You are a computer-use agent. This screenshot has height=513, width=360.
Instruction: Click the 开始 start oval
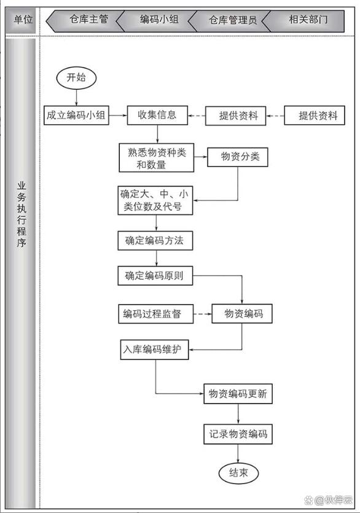coord(76,78)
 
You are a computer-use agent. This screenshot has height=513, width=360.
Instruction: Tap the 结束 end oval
coord(238,472)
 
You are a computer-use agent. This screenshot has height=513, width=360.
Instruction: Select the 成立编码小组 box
coord(76,115)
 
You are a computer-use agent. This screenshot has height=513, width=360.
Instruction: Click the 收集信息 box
coord(157,115)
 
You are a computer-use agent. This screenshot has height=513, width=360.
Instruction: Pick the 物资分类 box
coord(238,157)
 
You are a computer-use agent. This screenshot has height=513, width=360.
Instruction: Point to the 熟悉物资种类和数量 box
coord(157,158)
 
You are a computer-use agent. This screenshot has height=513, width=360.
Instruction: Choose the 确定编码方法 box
coord(155,241)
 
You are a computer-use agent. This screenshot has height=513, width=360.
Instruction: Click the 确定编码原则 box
coord(155,275)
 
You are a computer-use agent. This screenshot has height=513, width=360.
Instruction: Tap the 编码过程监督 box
coord(156,314)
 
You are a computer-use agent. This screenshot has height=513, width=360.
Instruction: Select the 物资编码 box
coord(242,314)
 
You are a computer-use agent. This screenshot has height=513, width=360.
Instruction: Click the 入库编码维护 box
coord(154,350)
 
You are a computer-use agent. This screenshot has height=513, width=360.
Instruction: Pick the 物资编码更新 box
coord(238,394)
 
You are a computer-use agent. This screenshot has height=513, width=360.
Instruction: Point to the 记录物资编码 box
coord(238,434)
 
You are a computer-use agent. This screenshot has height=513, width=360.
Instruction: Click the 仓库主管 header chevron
coord(85,20)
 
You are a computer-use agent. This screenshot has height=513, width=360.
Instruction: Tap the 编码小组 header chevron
coord(157,20)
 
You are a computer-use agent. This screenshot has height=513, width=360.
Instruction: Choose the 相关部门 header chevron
coord(303,21)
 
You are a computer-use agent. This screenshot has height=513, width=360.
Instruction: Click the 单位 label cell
coord(22,20)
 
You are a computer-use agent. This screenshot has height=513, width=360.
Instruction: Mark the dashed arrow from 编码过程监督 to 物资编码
coord(203,314)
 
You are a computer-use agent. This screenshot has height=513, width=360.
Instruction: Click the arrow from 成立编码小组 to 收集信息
coord(118,115)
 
